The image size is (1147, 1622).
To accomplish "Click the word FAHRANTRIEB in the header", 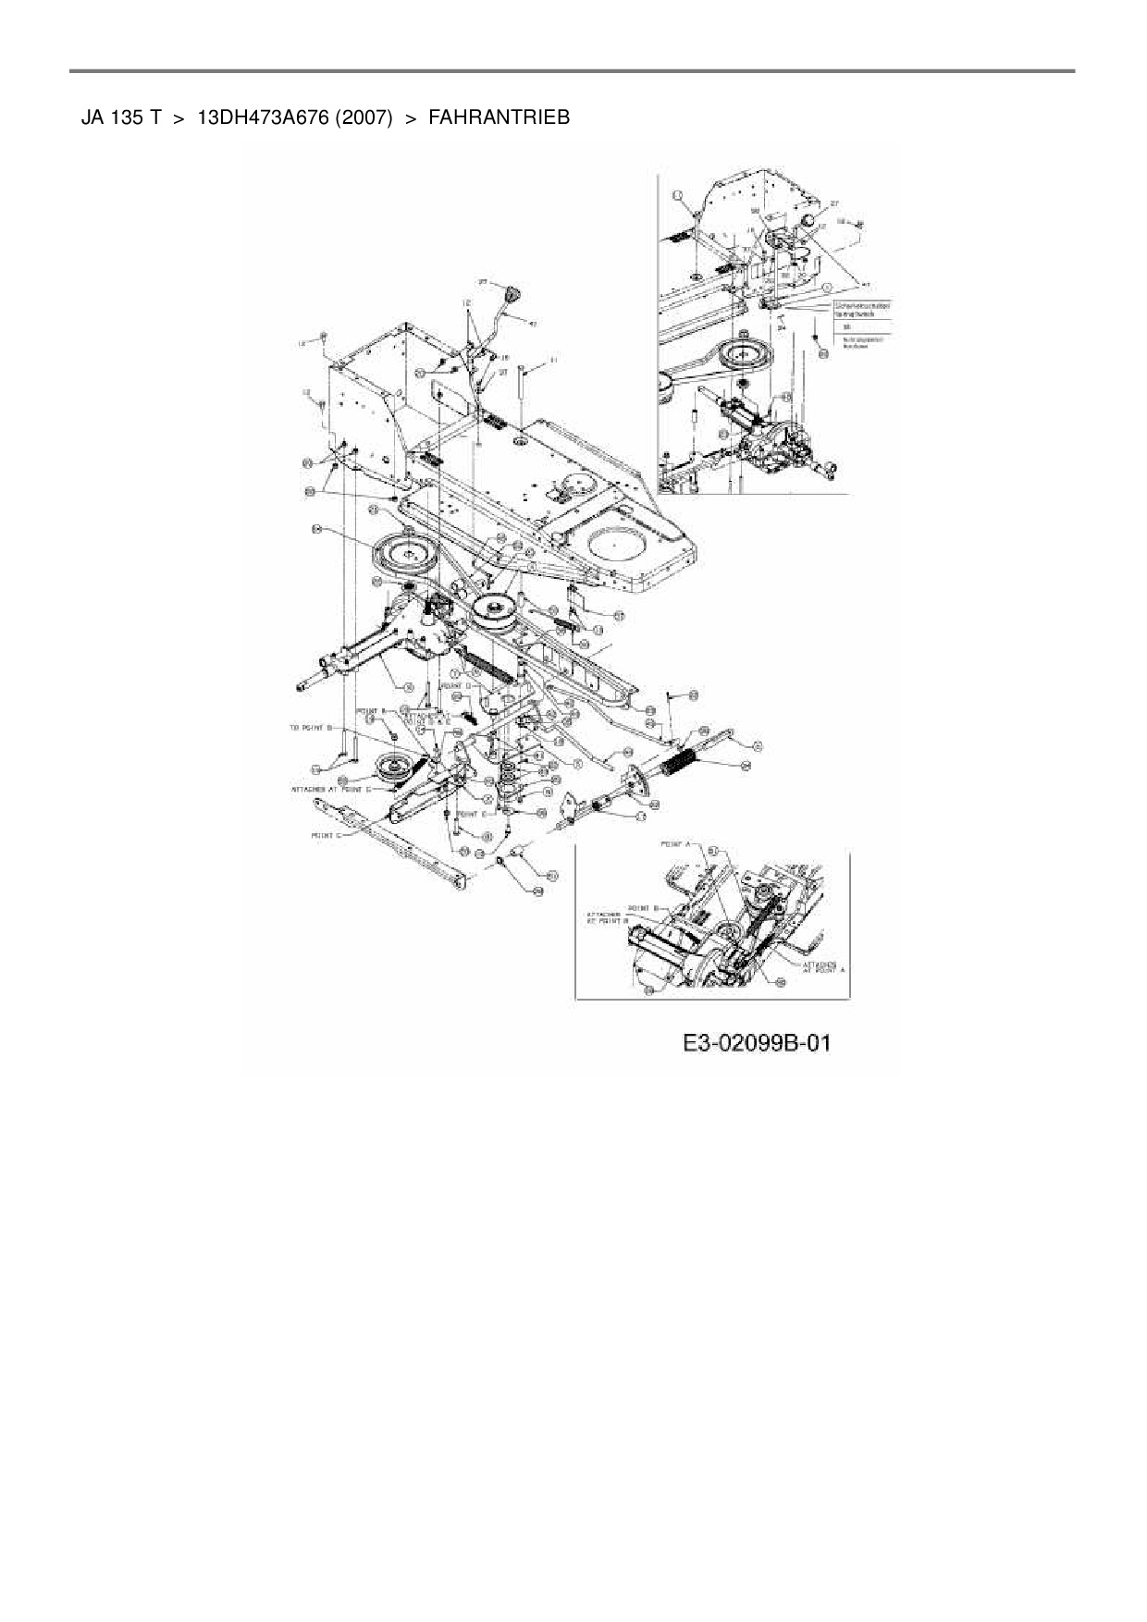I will pos(499,117).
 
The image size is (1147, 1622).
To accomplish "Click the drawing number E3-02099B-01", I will pos(757,1043).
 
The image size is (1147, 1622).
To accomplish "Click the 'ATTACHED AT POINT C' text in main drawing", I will pos(330,789).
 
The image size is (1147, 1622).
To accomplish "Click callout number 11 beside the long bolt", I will pos(553,360).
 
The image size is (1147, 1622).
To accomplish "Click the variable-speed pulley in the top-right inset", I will pos(737,352).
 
